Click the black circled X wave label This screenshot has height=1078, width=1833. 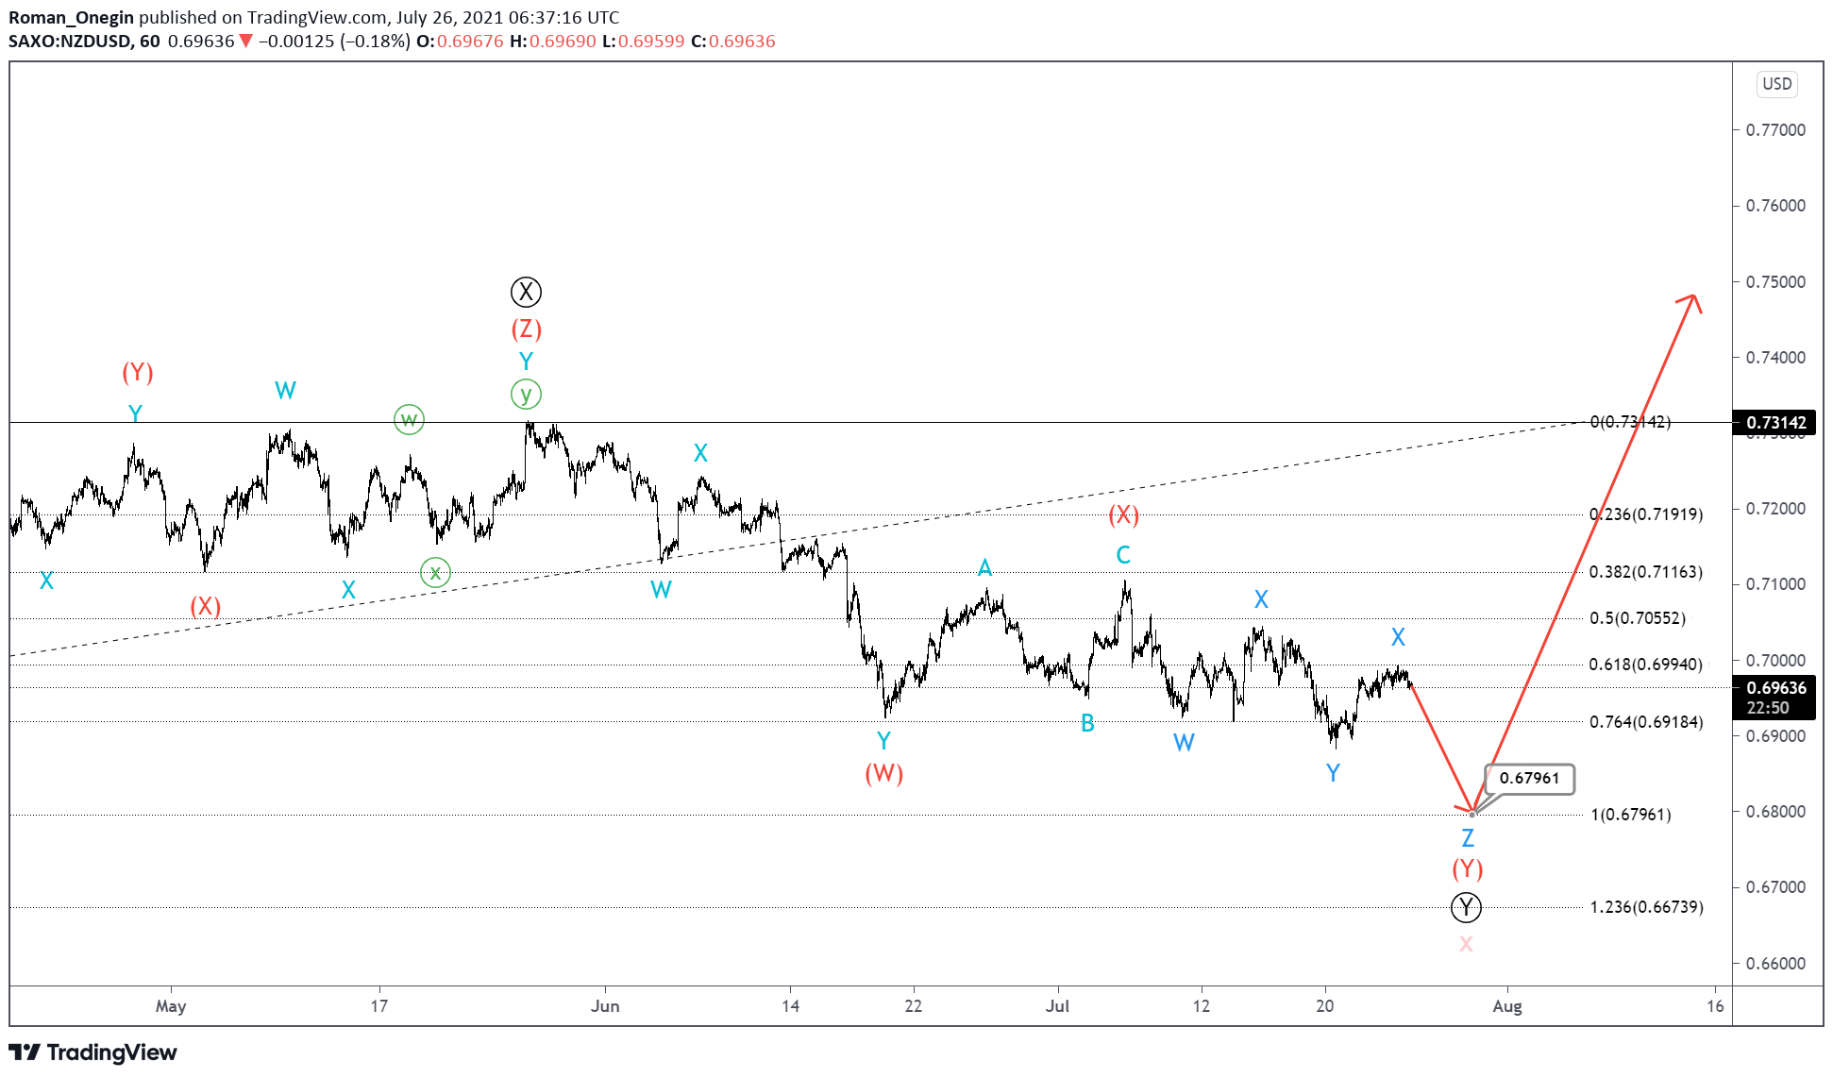coord(526,292)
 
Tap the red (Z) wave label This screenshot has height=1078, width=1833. coord(526,328)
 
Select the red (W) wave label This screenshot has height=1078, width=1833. coord(883,773)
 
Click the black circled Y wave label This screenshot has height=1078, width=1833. coord(1466,907)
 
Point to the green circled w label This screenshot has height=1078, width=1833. coord(409,419)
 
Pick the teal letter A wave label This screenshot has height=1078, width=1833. coord(984,567)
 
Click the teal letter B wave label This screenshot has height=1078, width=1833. coord(1087,723)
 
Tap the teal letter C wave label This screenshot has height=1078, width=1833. coord(1123,555)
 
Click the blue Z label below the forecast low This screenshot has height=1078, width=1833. coord(1467,837)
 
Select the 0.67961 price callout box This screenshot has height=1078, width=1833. coord(1529,778)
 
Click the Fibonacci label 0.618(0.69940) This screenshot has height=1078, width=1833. coord(1645,665)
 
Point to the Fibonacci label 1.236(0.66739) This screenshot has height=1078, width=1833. coord(1646,907)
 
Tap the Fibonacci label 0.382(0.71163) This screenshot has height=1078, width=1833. coord(1645,572)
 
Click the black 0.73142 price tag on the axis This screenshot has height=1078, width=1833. coord(1775,423)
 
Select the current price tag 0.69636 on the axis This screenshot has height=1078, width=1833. coord(1775,688)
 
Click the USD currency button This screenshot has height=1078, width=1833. coord(1776,84)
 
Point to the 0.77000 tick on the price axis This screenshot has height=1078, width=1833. coord(1775,130)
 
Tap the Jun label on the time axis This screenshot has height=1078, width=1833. coord(605,1005)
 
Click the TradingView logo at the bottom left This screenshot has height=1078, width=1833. coord(92,1053)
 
